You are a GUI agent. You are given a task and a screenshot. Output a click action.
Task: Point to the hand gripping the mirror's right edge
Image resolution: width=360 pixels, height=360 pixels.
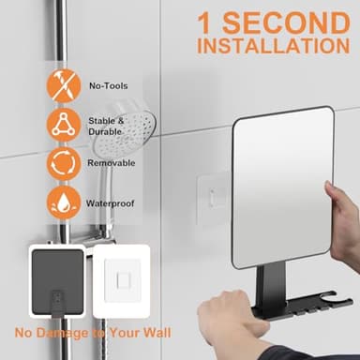point(341,211)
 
